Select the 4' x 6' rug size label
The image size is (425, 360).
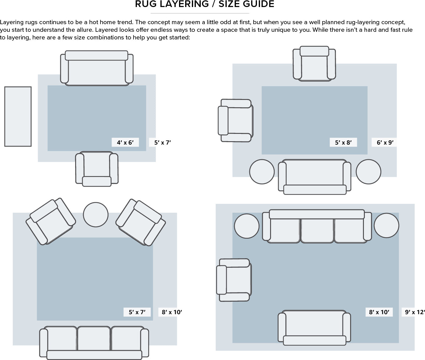(125, 142)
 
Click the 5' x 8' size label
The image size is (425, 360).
(343, 142)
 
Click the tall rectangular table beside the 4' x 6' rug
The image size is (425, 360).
(18, 116)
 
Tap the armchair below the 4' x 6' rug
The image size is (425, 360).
(97, 169)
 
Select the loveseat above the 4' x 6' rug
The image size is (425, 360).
(97, 68)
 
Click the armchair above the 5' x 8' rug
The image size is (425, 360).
(314, 64)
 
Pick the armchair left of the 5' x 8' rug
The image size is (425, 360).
(236, 120)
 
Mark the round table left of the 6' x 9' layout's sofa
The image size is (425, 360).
(262, 171)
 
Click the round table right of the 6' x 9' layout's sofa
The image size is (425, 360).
(368, 171)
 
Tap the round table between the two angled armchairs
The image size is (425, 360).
(96, 215)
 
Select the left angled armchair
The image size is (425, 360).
(51, 221)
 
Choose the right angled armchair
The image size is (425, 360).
(141, 222)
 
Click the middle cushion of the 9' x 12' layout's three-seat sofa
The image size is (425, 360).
(317, 231)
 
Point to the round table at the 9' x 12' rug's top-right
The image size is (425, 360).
(387, 226)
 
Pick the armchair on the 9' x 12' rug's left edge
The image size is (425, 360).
(234, 280)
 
